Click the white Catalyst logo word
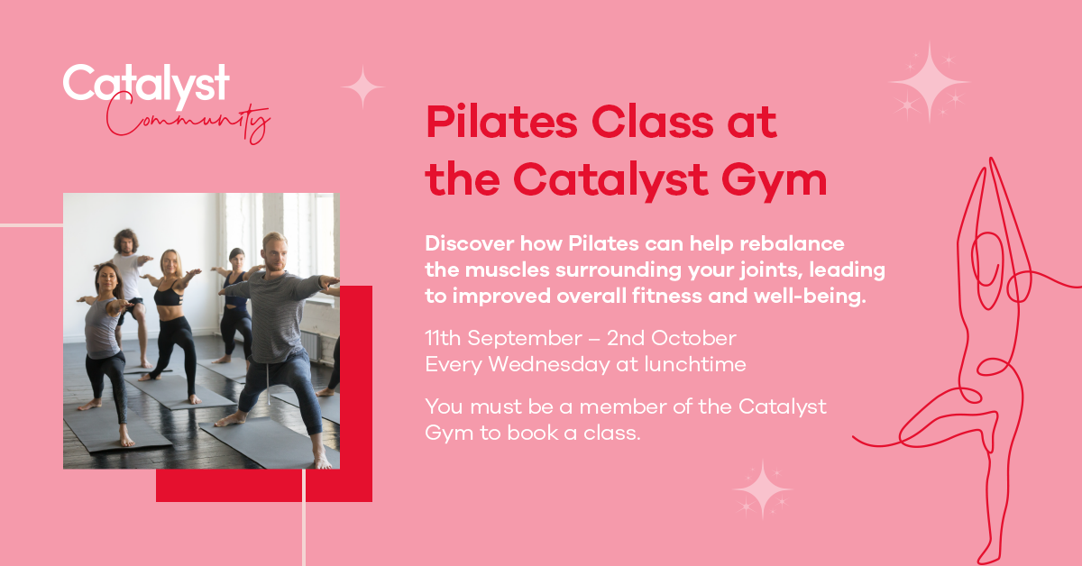click(x=146, y=86)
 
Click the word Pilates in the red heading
click(x=502, y=122)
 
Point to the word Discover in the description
click(x=470, y=243)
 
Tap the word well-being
click(x=810, y=296)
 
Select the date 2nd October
click(x=672, y=338)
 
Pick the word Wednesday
click(x=549, y=365)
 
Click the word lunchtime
click(x=695, y=364)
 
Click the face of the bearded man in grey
click(x=274, y=254)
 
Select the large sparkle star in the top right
click(x=930, y=82)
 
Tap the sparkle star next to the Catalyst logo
click(x=362, y=87)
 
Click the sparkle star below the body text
click(x=763, y=489)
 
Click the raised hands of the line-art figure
click(x=989, y=166)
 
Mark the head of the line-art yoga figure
click(x=989, y=270)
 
